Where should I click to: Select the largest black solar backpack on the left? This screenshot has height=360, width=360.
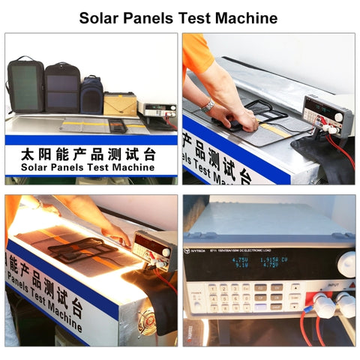(x=26, y=84)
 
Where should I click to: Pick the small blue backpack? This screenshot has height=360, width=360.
(x=91, y=94)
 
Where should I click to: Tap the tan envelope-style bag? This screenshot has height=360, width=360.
(x=119, y=103)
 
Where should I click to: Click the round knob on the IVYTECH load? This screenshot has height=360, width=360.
(x=346, y=262)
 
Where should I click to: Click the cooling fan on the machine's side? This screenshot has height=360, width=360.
(x=147, y=327)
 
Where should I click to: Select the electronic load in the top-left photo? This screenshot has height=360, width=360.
(x=160, y=110)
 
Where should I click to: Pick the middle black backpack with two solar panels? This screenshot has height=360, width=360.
(x=61, y=87)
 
